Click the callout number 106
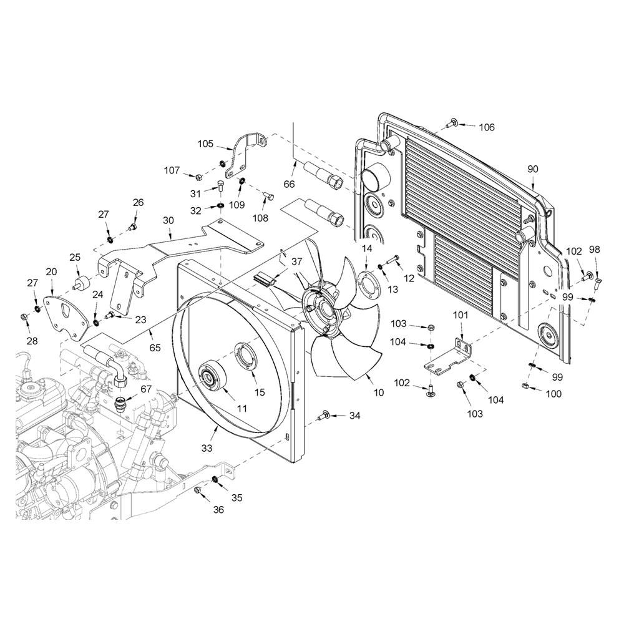(x=487, y=127)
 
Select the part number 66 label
(x=290, y=184)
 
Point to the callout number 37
(x=297, y=262)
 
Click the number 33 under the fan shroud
(x=207, y=448)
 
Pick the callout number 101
(x=461, y=316)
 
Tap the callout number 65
(x=155, y=348)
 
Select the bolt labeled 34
(x=323, y=416)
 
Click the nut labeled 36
(x=197, y=490)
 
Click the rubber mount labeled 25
(x=82, y=281)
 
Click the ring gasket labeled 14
(x=370, y=282)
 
